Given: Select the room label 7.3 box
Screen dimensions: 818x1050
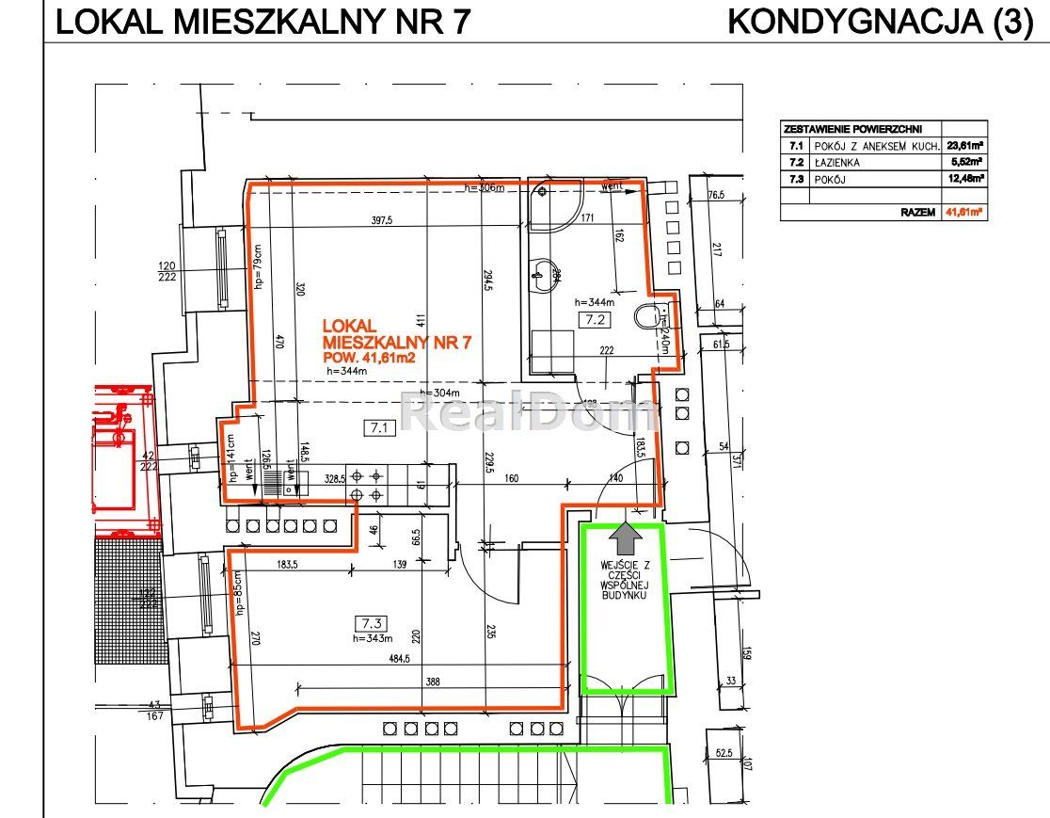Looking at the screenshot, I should pos(370,622).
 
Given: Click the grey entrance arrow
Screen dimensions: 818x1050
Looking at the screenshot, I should pos(626,539).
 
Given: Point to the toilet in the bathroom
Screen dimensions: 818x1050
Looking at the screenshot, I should pos(649,318).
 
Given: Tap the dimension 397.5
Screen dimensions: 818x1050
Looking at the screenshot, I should pos(381,222).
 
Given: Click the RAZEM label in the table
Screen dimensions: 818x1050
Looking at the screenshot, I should pos(917,213).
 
